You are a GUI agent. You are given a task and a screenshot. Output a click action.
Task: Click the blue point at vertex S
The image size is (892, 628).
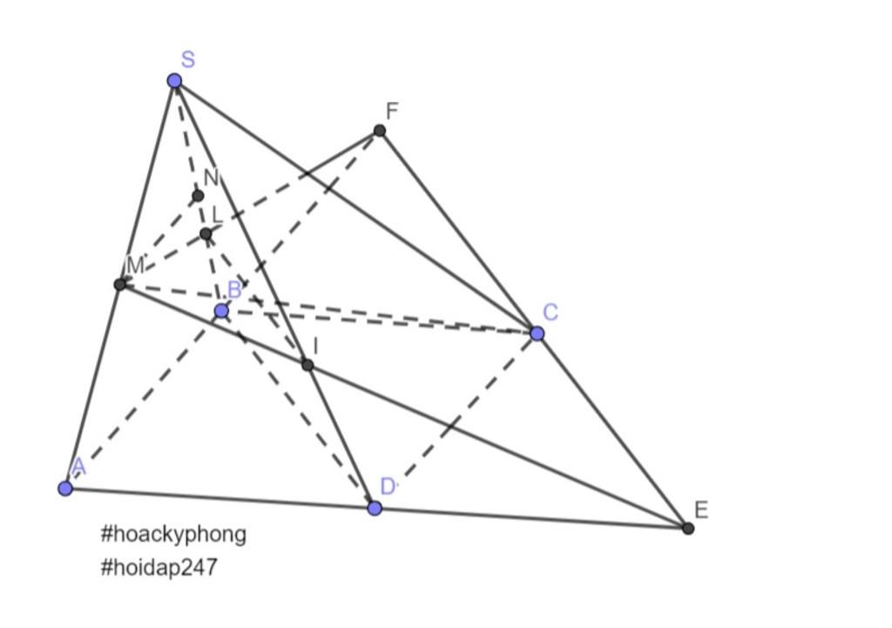(x=174, y=81)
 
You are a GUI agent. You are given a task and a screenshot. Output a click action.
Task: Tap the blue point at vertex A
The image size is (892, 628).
(x=65, y=488)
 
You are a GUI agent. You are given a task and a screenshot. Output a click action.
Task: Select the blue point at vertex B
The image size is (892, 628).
(x=221, y=311)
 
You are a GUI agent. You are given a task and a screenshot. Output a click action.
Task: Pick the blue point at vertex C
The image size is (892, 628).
(x=537, y=334)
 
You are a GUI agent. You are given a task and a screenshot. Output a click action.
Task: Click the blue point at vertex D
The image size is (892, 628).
(x=375, y=508)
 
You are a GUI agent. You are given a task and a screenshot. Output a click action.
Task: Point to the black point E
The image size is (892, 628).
(x=688, y=529)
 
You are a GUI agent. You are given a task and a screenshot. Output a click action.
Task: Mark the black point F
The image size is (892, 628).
(x=380, y=131)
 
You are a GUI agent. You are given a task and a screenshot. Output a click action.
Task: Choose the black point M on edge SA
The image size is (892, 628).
(x=120, y=284)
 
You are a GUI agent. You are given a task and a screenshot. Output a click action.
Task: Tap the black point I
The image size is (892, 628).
(x=307, y=365)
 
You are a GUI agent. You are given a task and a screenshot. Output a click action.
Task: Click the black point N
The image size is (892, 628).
(x=198, y=196)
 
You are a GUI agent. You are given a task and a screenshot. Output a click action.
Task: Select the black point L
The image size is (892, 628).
(x=206, y=233)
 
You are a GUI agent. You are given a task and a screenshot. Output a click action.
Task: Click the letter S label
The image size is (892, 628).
(x=188, y=59)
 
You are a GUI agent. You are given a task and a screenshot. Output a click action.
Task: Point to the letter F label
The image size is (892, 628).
(x=392, y=111)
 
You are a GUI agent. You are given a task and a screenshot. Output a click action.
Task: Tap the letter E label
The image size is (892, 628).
(x=701, y=510)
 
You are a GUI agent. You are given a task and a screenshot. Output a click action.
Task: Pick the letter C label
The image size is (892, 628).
(x=551, y=313)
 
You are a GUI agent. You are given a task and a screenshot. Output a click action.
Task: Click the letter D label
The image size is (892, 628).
(x=388, y=486)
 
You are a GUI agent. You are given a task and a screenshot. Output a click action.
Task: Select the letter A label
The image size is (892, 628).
(x=78, y=467)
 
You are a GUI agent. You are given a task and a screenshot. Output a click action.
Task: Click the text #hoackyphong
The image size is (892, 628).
(x=173, y=534)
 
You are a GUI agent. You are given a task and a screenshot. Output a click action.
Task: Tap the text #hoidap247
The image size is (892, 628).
(x=159, y=567)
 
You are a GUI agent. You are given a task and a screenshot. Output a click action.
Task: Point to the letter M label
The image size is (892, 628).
(x=135, y=265)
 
